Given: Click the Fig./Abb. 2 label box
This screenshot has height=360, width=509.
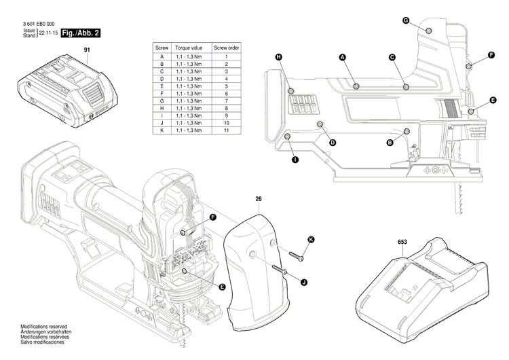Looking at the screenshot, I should [81, 33].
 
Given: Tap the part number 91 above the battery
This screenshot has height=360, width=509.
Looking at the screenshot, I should [87, 50].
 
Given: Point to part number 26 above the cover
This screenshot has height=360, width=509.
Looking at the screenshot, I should [259, 199].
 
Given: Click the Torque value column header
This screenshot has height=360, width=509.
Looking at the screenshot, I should [187, 49].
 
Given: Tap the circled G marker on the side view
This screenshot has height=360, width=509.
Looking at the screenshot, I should [405, 21].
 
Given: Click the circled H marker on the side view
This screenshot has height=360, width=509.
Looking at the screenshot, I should [278, 57].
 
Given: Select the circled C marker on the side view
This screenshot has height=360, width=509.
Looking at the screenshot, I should [392, 58].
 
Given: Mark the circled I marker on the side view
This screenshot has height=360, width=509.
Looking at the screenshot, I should [295, 160].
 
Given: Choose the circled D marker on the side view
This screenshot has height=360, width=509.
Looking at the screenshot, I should [333, 143].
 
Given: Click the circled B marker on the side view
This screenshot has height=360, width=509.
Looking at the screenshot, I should [390, 143].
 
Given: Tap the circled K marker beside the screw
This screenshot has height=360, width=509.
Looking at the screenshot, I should [312, 239].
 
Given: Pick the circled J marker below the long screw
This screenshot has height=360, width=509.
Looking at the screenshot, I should [303, 282].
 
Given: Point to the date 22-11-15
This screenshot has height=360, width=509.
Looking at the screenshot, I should [48, 33].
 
